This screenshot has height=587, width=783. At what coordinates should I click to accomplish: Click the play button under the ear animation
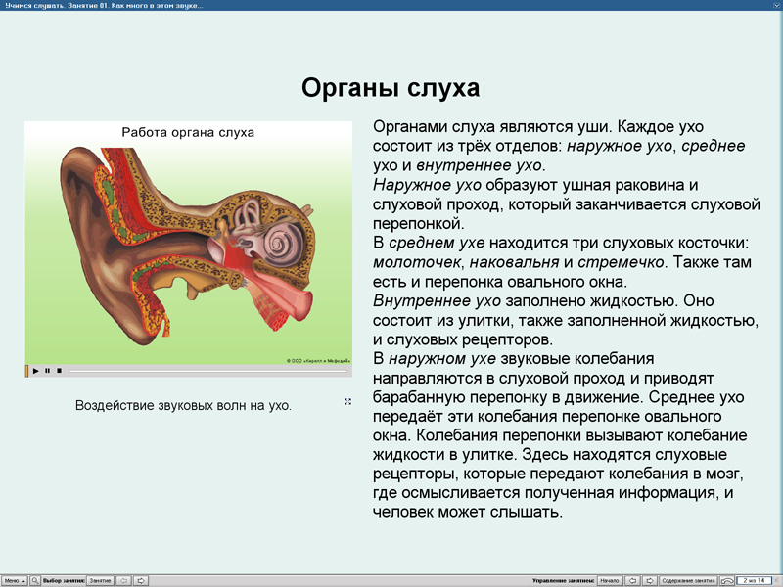pyautogui.click(x=36, y=371)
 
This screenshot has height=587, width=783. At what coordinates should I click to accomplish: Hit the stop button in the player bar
pyautogui.click(x=59, y=371)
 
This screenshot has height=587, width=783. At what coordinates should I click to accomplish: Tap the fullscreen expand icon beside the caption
pyautogui.click(x=347, y=402)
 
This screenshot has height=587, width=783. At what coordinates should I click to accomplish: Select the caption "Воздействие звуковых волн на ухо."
pyautogui.click(x=183, y=405)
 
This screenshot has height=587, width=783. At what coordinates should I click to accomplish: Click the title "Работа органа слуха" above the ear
pyautogui.click(x=188, y=132)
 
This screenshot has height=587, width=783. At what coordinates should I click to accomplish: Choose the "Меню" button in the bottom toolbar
pyautogui.click(x=14, y=580)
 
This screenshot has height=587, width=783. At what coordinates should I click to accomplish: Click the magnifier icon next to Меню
pyautogui.click(x=35, y=580)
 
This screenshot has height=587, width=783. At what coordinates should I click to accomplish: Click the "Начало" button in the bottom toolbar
pyautogui.click(x=609, y=580)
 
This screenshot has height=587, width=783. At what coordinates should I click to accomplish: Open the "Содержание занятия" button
pyautogui.click(x=688, y=580)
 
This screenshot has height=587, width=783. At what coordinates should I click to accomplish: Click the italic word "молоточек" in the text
pyautogui.click(x=418, y=262)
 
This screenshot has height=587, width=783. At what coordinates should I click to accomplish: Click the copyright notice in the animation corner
pyautogui.click(x=318, y=359)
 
